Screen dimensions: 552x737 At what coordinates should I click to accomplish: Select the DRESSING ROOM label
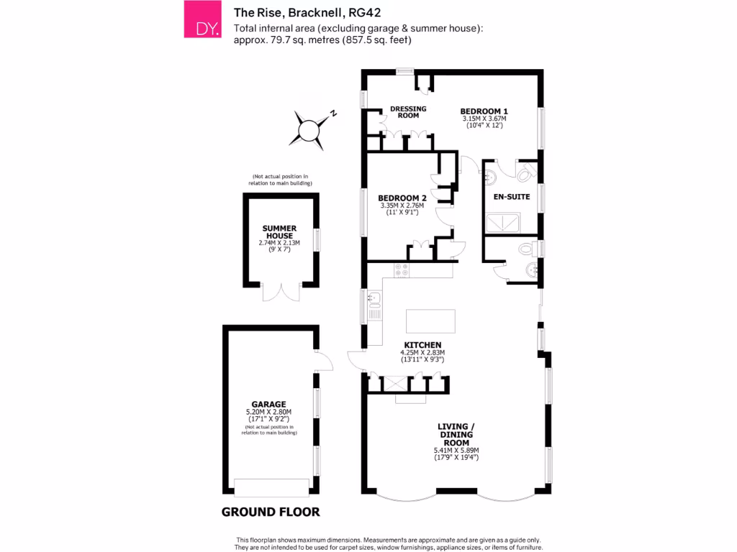(x=408, y=112)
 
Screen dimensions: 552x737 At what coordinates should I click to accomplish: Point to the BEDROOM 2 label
(x=402, y=198)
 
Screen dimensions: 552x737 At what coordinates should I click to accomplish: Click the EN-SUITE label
(x=511, y=195)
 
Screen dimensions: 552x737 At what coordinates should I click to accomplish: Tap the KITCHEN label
(x=422, y=345)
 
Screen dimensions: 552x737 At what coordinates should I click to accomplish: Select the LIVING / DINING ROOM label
(x=456, y=435)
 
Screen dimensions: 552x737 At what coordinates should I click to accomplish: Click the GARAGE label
(x=268, y=404)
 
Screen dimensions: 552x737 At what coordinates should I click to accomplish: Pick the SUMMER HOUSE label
(x=279, y=232)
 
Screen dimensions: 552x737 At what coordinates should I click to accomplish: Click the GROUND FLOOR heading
(x=271, y=512)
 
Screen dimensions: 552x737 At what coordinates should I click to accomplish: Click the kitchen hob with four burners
(x=402, y=270)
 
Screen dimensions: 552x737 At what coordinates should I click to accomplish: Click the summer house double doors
(x=280, y=292)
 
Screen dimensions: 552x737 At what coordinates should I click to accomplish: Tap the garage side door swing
(x=323, y=359)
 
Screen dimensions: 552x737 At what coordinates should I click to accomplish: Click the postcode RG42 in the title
(x=365, y=11)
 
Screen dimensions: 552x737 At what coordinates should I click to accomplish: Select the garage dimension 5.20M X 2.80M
(x=268, y=413)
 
